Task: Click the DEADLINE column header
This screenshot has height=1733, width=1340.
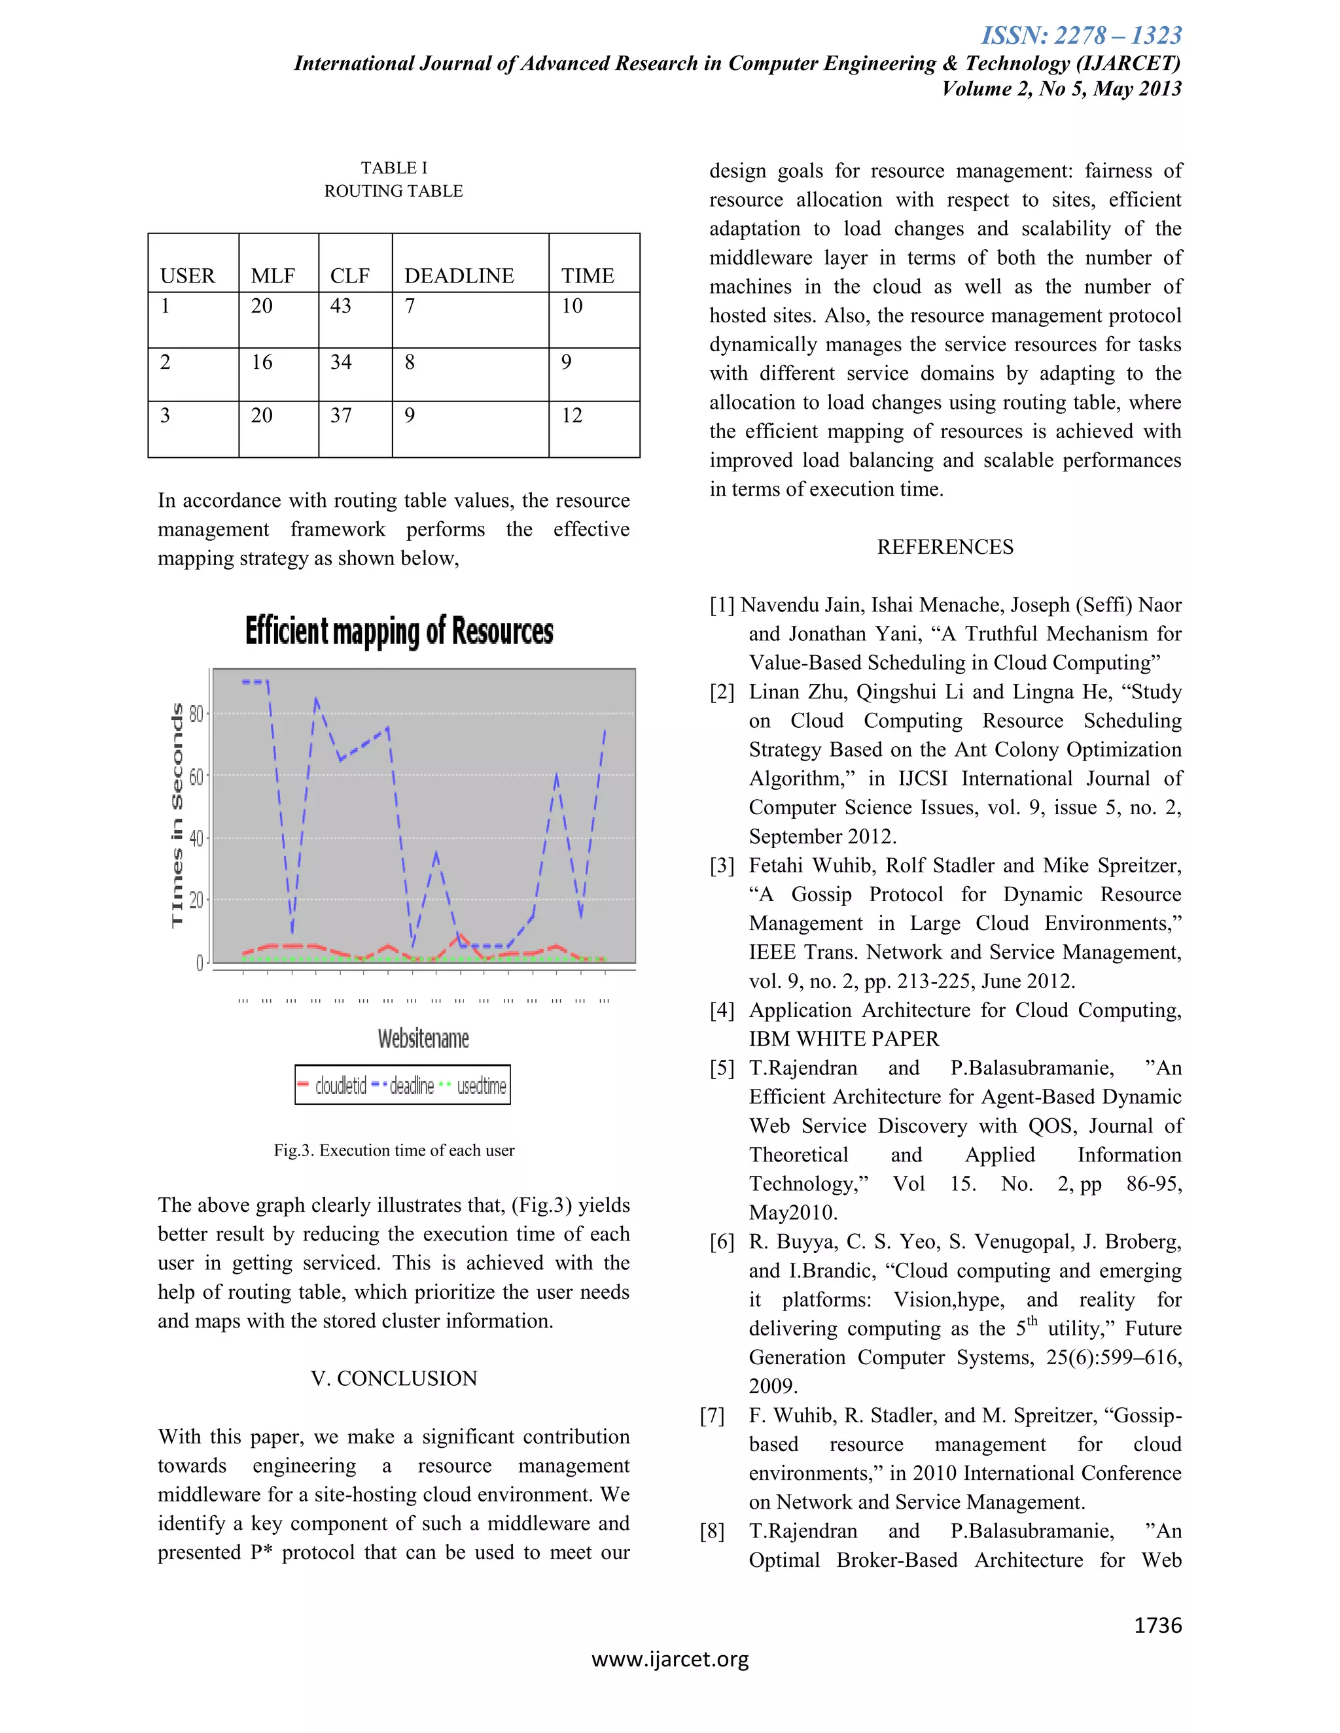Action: (459, 275)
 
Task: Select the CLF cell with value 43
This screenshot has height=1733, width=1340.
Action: (340, 306)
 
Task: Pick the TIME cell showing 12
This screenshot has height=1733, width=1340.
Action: (572, 416)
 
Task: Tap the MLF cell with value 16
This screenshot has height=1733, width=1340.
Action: (261, 363)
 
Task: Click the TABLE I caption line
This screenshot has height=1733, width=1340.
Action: (394, 167)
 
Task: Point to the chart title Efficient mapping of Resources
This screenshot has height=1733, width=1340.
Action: (398, 632)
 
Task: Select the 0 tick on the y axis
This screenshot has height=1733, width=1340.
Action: (200, 963)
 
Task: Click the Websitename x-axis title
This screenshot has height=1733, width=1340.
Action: (423, 1038)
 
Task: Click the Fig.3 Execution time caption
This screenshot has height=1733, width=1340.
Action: (394, 1150)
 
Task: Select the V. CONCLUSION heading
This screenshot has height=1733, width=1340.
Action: (394, 1379)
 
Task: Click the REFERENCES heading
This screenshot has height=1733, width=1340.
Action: (945, 547)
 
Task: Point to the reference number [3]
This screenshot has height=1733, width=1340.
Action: (722, 866)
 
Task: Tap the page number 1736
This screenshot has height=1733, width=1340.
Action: (1157, 1625)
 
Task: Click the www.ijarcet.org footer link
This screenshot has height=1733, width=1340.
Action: (670, 1659)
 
